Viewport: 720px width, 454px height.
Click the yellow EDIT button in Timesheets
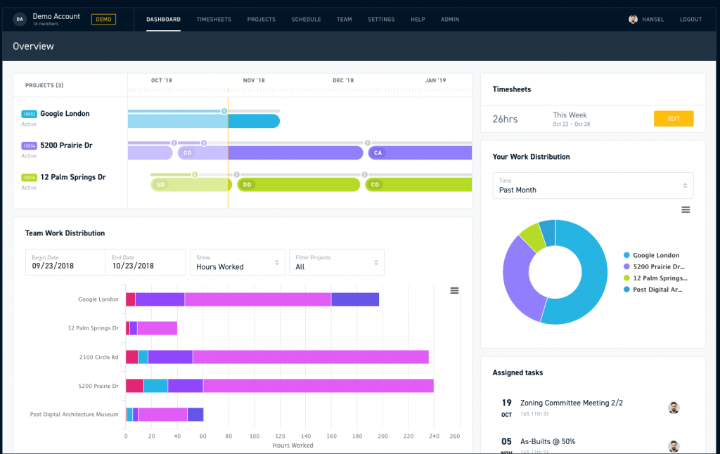click(673, 119)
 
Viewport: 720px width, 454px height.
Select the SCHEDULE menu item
click(306, 20)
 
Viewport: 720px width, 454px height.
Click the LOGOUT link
click(690, 20)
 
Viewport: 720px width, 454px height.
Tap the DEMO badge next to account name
click(103, 19)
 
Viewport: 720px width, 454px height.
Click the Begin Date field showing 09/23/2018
click(65, 262)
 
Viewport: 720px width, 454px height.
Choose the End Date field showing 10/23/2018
click(145, 262)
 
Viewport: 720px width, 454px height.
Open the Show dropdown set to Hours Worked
click(237, 262)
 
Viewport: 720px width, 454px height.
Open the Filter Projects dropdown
click(336, 262)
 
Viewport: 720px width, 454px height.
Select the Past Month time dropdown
click(592, 186)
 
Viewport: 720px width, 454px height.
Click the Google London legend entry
click(655, 256)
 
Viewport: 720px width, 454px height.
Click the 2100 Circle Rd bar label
click(98, 357)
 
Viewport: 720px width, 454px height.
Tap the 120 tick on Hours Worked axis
click(280, 436)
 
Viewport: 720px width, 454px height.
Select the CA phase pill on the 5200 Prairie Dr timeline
click(378, 153)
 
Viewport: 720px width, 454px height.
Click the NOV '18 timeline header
click(253, 80)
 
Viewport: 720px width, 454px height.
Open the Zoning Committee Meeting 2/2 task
click(571, 403)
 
